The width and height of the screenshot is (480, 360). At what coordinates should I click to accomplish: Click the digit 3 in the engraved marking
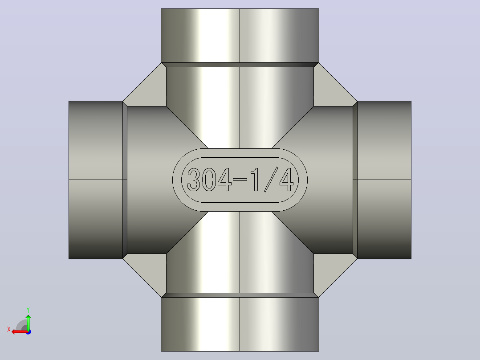pyautogui.click(x=194, y=180)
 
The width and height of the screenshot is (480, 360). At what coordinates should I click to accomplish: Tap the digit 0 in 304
pyautogui.click(x=209, y=180)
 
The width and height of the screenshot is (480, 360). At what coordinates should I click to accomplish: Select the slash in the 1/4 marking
pyautogui.click(x=271, y=180)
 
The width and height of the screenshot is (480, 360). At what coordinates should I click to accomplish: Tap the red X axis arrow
pyautogui.click(x=20, y=332)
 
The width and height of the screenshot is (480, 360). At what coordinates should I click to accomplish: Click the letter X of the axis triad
pyautogui.click(x=9, y=329)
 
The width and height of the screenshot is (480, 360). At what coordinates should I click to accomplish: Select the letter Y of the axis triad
pyautogui.click(x=28, y=310)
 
